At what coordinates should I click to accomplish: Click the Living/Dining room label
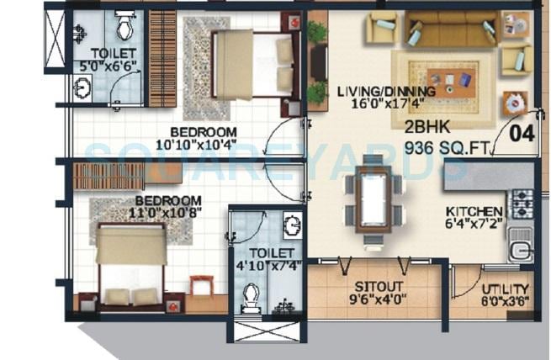coord(386,91)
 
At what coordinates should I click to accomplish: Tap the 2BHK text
coord(426,128)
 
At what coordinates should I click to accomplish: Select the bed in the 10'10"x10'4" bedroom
coord(252,63)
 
